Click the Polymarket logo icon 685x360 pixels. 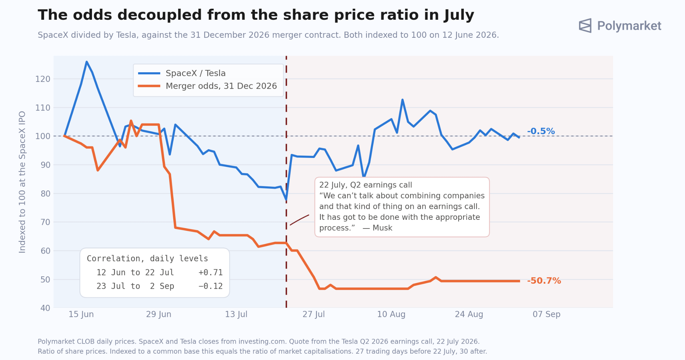585,25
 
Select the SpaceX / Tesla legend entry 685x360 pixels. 182,73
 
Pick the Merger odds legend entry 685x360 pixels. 207,86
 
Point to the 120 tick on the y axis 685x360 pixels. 43,79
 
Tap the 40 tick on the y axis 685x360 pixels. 45,308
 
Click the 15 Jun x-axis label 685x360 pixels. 81,314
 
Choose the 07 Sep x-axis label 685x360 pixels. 547,314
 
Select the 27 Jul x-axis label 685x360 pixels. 314,314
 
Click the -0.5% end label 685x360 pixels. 541,131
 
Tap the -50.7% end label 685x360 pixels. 544,281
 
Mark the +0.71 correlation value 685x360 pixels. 211,272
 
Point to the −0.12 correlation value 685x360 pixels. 211,286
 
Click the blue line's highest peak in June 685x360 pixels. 87,62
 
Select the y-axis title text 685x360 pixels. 22,182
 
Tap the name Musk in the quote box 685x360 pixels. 382,228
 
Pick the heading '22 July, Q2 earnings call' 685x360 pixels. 366,185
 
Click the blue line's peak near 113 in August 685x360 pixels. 402,100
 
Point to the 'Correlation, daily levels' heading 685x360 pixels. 148,259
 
